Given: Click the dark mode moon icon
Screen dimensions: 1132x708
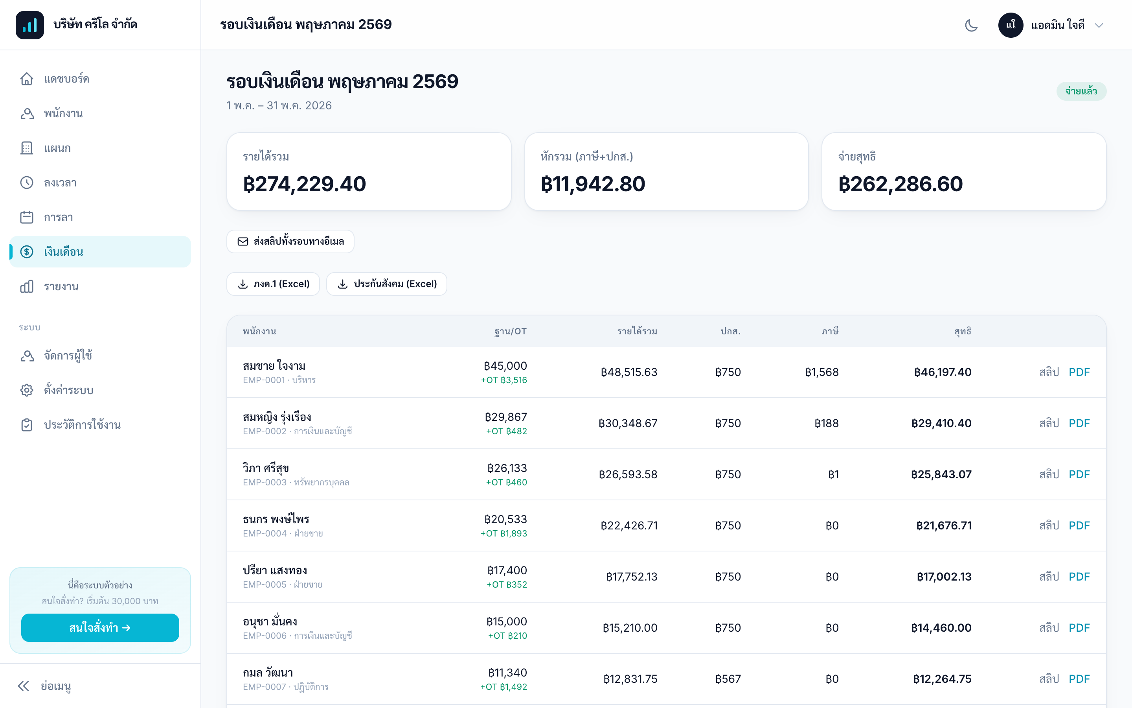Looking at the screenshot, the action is (971, 25).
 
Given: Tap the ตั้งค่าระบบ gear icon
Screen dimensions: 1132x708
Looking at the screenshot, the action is (27, 390).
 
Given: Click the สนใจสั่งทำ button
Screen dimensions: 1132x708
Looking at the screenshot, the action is (100, 627).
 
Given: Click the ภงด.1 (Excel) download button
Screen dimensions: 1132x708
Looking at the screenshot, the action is (273, 284).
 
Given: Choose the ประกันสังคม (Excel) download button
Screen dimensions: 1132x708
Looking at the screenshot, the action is (386, 284).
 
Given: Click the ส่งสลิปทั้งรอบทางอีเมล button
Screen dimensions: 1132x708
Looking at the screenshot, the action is (290, 241).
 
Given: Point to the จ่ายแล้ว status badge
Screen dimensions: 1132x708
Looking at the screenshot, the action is (1081, 91).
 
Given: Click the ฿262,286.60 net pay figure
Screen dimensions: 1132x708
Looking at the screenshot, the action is (900, 184).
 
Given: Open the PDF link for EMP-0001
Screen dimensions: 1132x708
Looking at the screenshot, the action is (1079, 372).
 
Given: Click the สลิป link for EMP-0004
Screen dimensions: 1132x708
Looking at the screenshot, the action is (1049, 525).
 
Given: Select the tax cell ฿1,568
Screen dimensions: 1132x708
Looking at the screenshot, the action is (821, 372).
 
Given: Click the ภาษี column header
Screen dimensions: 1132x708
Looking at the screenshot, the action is (830, 332).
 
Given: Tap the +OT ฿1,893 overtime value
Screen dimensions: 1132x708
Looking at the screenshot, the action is (504, 533).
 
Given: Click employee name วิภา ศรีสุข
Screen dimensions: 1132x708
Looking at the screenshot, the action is (266, 468).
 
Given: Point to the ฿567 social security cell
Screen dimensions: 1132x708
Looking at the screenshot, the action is (728, 679).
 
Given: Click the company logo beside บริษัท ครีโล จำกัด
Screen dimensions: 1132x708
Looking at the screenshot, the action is (30, 25).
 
